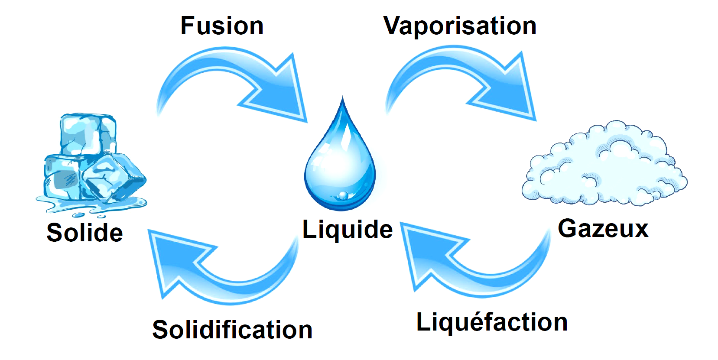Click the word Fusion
click(222, 26)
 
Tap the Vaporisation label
click(460, 26)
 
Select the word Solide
click(84, 233)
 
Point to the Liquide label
click(347, 229)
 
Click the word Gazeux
click(603, 228)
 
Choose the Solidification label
click(232, 330)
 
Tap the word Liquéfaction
click(492, 322)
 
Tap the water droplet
click(341, 165)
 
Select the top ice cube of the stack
click(88, 134)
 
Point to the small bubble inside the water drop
click(343, 195)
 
